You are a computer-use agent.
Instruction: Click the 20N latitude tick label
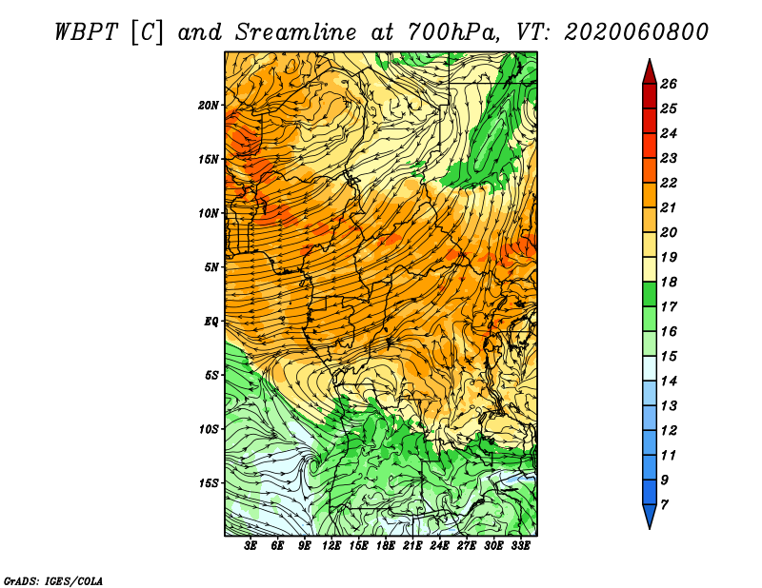[208, 106]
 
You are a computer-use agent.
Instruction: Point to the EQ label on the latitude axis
[211, 322]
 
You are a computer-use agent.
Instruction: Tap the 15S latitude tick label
[209, 483]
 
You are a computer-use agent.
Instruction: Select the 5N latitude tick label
[211, 267]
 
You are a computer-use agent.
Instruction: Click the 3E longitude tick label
[251, 546]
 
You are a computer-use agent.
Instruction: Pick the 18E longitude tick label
[386, 546]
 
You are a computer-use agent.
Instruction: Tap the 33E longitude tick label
[520, 546]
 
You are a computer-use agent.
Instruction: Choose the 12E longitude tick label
[331, 546]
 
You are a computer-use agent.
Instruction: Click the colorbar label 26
[669, 84]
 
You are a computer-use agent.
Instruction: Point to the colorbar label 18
[669, 282]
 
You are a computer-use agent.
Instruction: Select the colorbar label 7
[664, 505]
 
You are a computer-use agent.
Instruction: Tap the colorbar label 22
[669, 183]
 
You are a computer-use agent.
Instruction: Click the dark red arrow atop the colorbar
[650, 72]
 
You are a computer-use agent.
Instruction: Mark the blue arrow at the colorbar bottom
[650, 517]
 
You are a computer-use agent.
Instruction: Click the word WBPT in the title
[86, 32]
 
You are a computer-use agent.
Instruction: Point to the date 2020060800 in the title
[636, 32]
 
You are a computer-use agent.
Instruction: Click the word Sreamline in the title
[296, 32]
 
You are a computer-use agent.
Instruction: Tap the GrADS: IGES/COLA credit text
[52, 581]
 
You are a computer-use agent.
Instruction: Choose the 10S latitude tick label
[209, 429]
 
